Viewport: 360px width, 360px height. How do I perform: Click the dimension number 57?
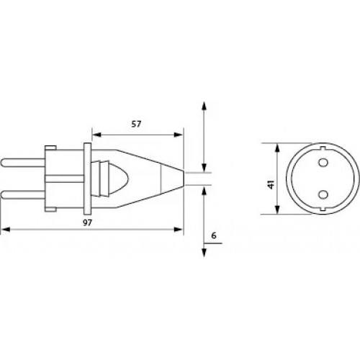[136, 124]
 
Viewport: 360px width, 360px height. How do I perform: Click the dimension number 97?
[87, 222]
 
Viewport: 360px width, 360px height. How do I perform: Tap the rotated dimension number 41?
[271, 184]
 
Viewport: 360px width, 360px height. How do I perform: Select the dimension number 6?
[214, 235]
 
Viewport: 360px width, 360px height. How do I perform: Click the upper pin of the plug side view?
[23, 163]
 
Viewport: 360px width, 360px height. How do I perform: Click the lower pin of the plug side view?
[23, 194]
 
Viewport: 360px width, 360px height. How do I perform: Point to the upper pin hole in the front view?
[323, 163]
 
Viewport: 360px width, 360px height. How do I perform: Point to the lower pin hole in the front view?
[323, 194]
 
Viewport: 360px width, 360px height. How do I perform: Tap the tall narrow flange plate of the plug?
[87, 179]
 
